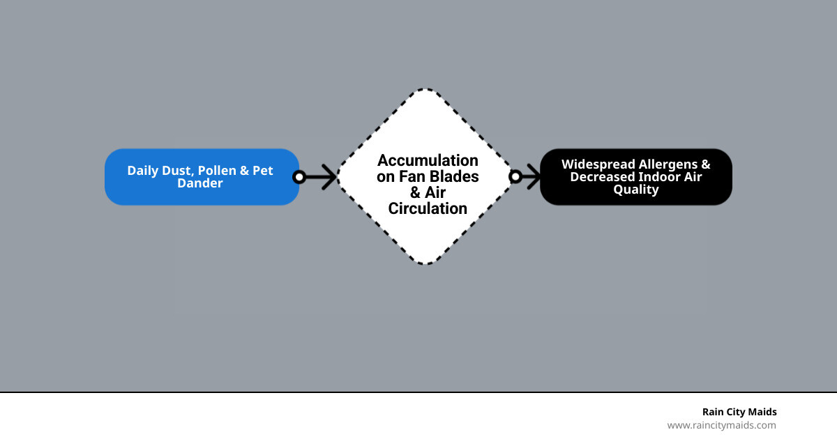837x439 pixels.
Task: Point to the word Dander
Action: point(200,183)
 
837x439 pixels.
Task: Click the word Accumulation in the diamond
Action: point(428,161)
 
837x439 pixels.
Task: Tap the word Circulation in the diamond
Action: point(428,208)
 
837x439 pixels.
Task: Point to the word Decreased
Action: point(602,177)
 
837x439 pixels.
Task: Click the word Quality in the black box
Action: point(635,190)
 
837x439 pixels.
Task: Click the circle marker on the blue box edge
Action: point(299,177)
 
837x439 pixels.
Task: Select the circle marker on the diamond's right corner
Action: point(515,177)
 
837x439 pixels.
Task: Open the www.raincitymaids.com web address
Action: point(721,425)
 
